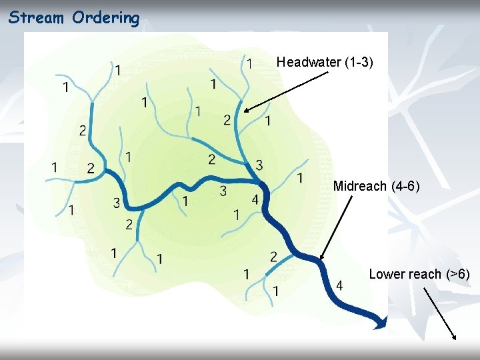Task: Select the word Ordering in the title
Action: (x=106, y=17)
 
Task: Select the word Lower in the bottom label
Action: (x=387, y=274)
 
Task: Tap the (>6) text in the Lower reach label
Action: (x=458, y=274)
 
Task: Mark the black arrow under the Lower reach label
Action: (x=439, y=313)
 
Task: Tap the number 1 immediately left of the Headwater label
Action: (x=249, y=63)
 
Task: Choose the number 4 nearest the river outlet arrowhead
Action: (x=340, y=285)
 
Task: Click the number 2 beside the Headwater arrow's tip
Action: (x=227, y=120)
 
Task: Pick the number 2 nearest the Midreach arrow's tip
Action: (x=274, y=257)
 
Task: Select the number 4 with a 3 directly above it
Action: (x=255, y=199)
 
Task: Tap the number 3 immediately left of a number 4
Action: (x=223, y=192)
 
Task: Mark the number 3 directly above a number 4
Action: (x=259, y=165)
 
